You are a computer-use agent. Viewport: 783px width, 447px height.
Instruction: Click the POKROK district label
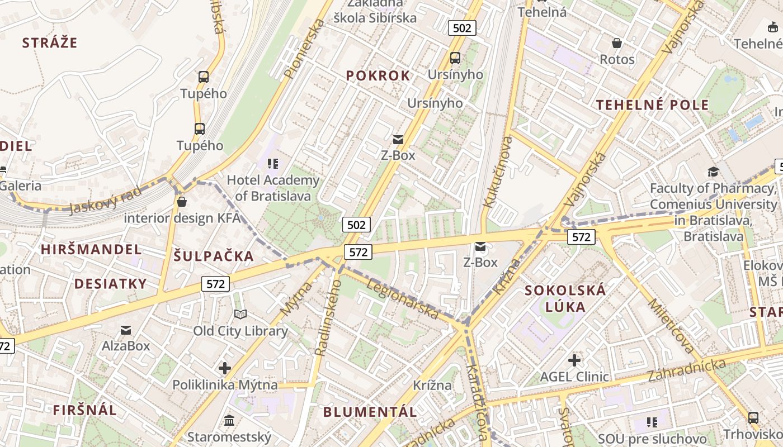click(x=378, y=75)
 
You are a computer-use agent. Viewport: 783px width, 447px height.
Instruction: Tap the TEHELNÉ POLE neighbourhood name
click(x=652, y=104)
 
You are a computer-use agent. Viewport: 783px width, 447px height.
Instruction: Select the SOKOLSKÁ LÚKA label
click(x=565, y=298)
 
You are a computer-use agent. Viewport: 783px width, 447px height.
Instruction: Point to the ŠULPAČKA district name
click(x=214, y=256)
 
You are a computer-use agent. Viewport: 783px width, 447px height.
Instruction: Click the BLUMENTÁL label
click(x=370, y=412)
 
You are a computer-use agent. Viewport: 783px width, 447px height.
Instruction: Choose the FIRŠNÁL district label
click(x=85, y=410)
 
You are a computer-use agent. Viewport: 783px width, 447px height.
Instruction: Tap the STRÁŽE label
click(x=50, y=42)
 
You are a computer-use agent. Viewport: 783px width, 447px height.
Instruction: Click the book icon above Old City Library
click(x=240, y=315)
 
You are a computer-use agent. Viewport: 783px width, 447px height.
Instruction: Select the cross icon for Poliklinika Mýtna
click(x=225, y=368)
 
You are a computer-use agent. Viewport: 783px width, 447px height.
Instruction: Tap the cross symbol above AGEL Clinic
click(x=574, y=360)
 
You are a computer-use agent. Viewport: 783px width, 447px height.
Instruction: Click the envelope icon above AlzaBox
click(x=126, y=330)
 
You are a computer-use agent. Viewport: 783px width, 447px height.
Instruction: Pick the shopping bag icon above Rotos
click(x=617, y=43)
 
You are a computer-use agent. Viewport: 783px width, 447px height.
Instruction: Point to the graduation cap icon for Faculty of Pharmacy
click(x=713, y=172)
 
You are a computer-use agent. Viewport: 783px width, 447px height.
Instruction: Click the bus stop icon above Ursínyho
click(x=455, y=58)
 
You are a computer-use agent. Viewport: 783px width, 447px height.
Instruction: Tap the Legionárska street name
click(x=402, y=299)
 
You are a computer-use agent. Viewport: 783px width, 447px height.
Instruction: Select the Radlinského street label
click(x=328, y=317)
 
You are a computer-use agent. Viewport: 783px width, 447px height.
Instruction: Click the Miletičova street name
click(x=671, y=327)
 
